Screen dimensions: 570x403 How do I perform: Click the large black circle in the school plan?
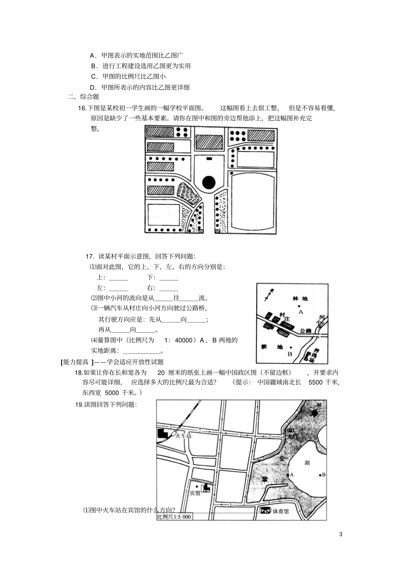209,183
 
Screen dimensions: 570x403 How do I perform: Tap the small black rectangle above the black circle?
209,158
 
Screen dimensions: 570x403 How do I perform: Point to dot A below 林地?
299,306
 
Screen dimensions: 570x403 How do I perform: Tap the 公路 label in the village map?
305,331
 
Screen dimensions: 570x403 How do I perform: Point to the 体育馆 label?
280,512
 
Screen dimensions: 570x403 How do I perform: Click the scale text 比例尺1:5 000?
174,517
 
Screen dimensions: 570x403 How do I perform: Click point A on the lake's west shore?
288,475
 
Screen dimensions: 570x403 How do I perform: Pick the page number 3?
341,534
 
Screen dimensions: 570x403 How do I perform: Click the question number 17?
90,256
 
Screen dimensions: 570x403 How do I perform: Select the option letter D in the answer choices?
92,87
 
